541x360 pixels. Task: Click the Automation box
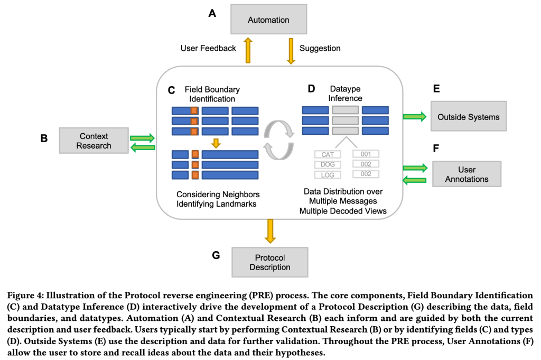click(x=268, y=20)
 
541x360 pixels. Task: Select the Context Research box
click(x=94, y=141)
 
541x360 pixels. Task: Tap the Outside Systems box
click(x=468, y=116)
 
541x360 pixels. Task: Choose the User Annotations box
click(x=467, y=174)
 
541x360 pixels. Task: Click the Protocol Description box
click(x=270, y=262)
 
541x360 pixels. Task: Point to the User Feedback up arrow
click(x=248, y=51)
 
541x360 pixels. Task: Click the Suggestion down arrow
click(x=291, y=51)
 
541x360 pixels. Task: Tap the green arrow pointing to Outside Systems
click(x=415, y=116)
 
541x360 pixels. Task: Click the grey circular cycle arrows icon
click(x=279, y=140)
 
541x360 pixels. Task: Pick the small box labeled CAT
click(x=328, y=154)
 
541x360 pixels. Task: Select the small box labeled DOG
click(x=328, y=164)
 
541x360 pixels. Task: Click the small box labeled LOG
click(x=328, y=175)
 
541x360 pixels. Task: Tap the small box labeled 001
click(x=366, y=154)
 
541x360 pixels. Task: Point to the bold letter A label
click(x=212, y=13)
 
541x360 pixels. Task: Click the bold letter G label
click(x=216, y=255)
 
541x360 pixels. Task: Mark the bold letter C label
click(x=171, y=90)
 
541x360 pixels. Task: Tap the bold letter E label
click(x=436, y=88)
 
